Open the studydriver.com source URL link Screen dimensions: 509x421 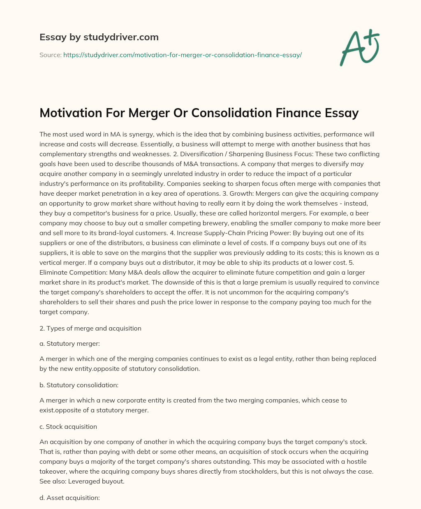(183, 55)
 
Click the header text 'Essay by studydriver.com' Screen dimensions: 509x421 (99, 37)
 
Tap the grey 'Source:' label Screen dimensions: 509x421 (51, 55)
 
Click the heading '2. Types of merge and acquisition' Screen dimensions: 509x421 (90, 328)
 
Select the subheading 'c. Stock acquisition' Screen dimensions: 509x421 (68, 426)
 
